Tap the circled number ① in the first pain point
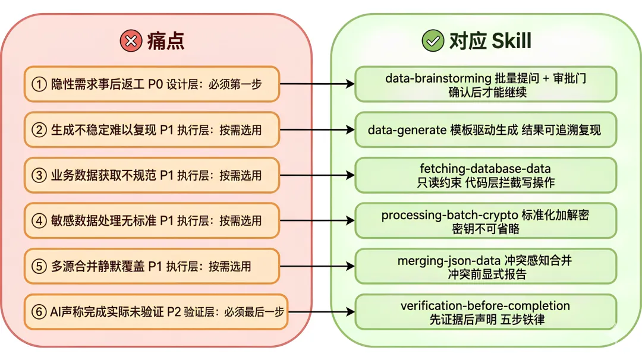39,84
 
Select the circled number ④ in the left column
39,220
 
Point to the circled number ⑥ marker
39,312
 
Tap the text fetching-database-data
485,169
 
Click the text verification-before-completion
485,306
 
